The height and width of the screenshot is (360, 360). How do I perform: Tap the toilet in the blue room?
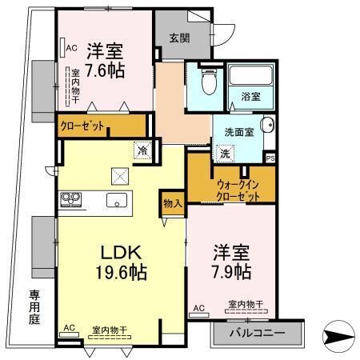coord(208,82)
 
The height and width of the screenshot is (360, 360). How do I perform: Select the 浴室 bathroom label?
coord(250,97)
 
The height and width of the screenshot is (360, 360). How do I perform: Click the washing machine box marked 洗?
coord(226,153)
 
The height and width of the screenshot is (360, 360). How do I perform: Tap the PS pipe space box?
coord(270,158)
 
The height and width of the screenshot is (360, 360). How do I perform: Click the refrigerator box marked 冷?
coord(142,150)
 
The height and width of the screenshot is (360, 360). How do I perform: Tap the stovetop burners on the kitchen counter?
coord(67,200)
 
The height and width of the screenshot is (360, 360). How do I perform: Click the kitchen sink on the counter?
coord(117,200)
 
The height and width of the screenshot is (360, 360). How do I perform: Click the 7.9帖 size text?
coord(230,273)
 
